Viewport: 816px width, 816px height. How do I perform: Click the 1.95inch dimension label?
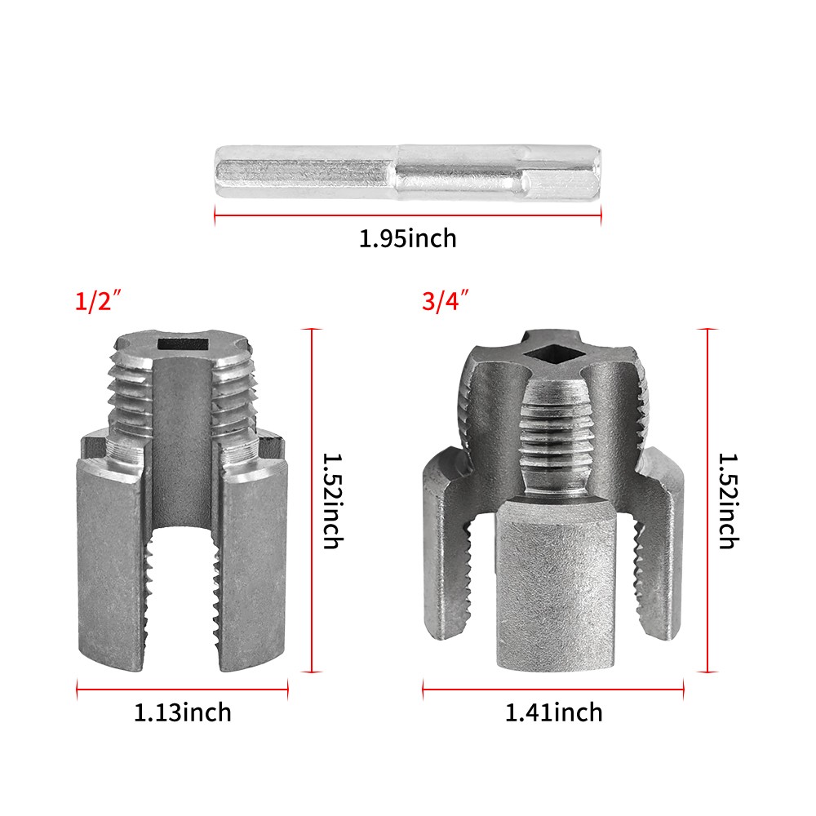coord(407,239)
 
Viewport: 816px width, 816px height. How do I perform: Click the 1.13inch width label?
coord(182,712)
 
